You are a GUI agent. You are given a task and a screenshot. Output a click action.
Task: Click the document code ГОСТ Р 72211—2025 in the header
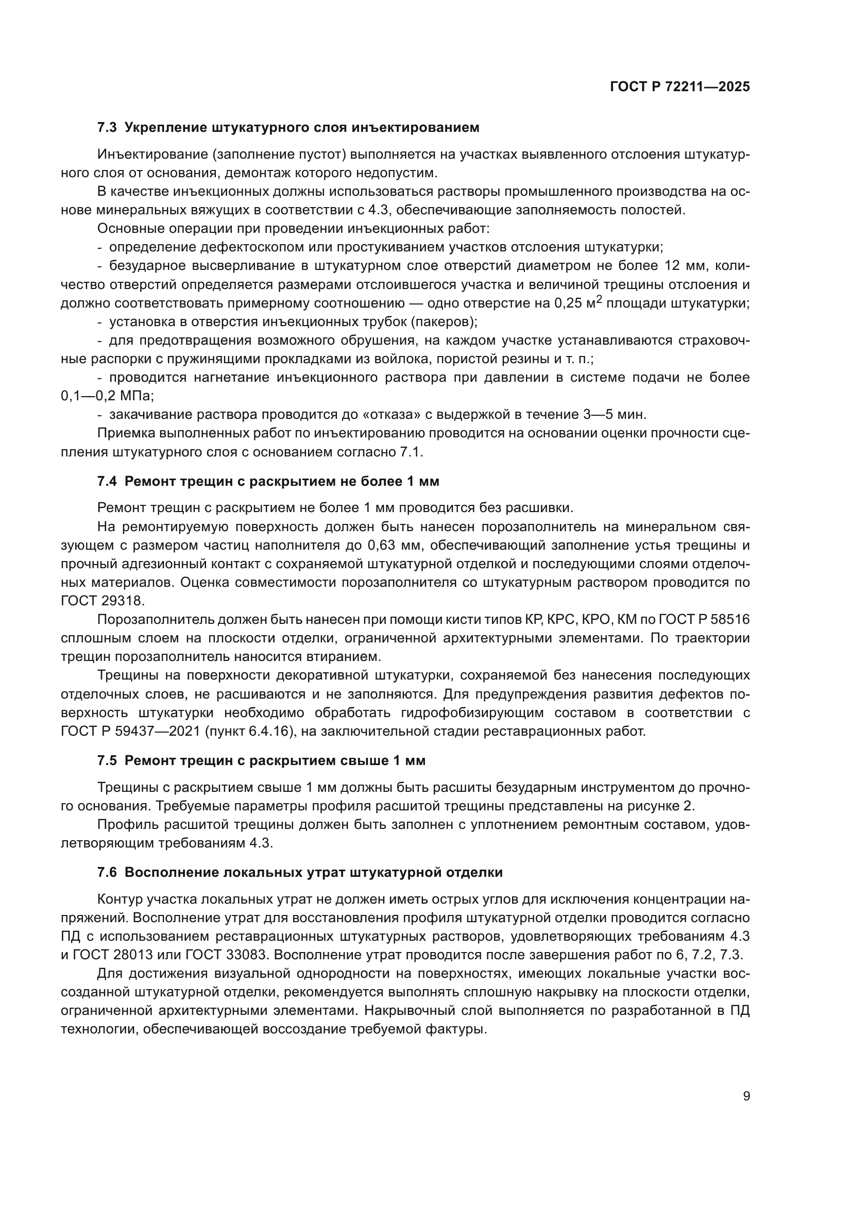click(x=680, y=87)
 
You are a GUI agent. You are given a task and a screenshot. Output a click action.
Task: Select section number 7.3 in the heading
click(x=107, y=128)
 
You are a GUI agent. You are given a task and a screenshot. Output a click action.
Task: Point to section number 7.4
click(x=107, y=481)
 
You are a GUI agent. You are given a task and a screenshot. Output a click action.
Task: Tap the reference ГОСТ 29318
click(x=102, y=601)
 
